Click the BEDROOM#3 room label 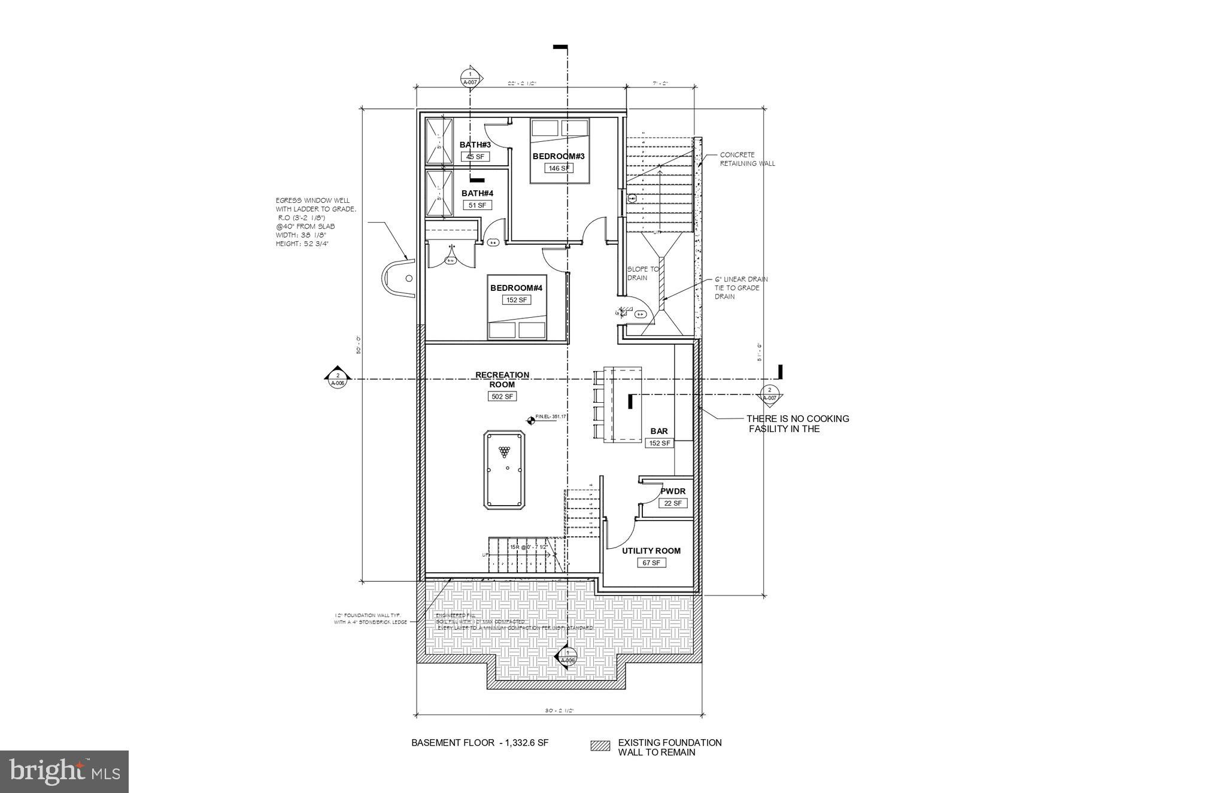(558, 156)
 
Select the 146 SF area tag (558, 168)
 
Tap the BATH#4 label (477, 193)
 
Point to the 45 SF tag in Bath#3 (475, 157)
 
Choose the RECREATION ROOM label (502, 379)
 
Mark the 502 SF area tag (502, 396)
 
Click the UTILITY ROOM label (651, 551)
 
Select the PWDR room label (672, 491)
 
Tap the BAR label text (659, 431)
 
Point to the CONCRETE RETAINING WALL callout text (746, 159)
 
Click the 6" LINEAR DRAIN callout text (741, 288)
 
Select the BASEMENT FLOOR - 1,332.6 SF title (480, 743)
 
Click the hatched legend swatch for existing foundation (600, 746)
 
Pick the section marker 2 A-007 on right (769, 393)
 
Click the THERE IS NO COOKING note (797, 424)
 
